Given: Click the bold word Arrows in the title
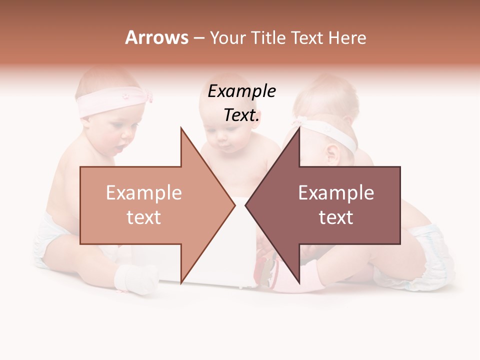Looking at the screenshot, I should [156, 37].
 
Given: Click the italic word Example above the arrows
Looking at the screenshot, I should [242, 92].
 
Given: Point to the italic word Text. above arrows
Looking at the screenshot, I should [242, 115].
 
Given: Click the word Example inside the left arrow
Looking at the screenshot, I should [143, 193].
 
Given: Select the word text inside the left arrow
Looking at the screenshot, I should [143, 217].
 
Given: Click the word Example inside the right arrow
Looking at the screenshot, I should [336, 193].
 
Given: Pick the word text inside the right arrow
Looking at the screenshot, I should [336, 217].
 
